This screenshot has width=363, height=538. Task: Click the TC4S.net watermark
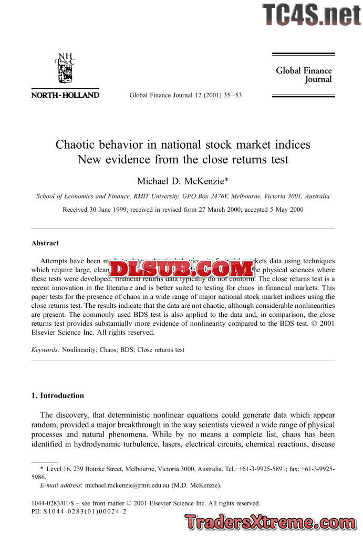click(x=312, y=14)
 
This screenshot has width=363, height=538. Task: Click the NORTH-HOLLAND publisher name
click(x=65, y=95)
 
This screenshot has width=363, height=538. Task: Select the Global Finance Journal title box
click(x=304, y=75)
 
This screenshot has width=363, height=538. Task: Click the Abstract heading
click(x=45, y=243)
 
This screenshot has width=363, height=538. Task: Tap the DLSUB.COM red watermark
click(x=182, y=270)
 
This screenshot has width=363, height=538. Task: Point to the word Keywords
click(x=45, y=349)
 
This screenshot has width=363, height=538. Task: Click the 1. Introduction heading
click(x=58, y=396)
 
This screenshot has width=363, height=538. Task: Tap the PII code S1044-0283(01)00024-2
click(x=85, y=511)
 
